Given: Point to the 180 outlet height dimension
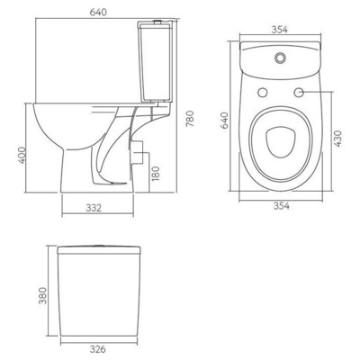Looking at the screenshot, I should coord(157,173).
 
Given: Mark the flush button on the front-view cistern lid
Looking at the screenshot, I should coord(97,244).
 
